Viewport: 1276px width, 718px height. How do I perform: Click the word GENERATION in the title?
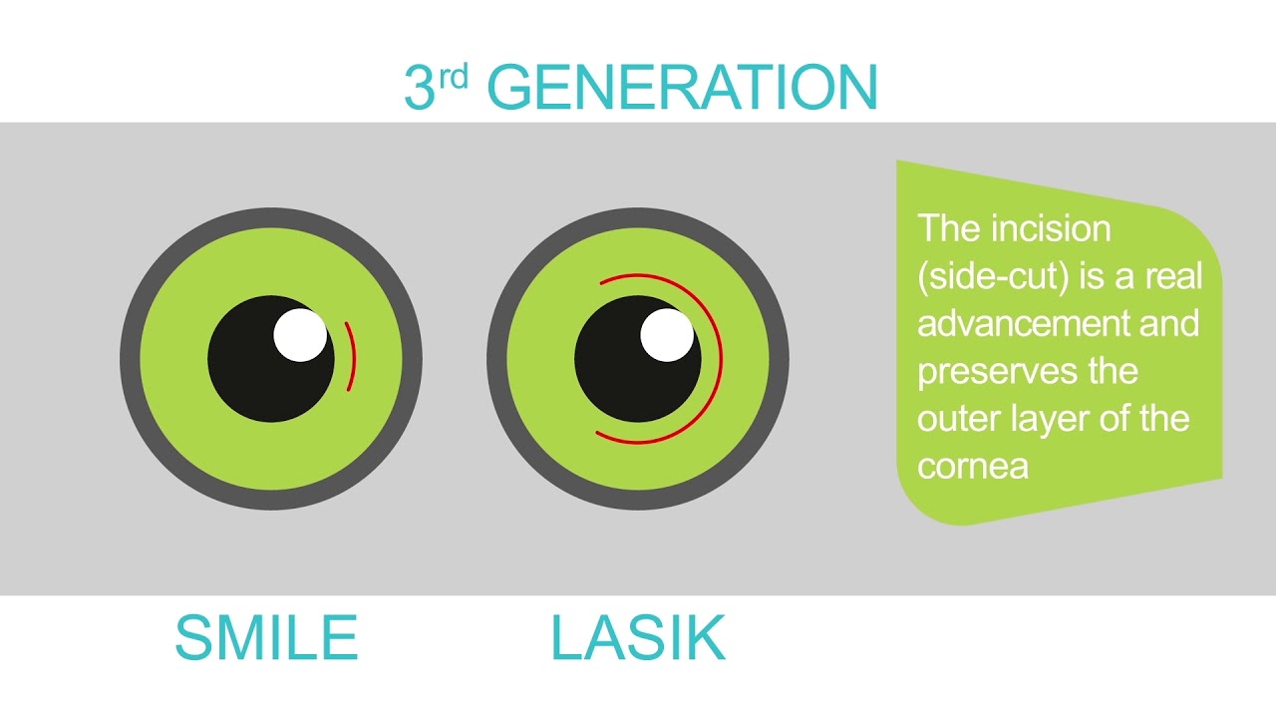683,88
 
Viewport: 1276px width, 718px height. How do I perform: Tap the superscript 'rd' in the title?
453,77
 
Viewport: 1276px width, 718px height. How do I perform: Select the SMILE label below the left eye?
266,638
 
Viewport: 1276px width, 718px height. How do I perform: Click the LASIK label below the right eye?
638,638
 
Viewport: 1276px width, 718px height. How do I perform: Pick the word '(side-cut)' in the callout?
993,276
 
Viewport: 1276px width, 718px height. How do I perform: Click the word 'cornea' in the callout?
973,466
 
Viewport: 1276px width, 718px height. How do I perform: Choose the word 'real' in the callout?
1173,276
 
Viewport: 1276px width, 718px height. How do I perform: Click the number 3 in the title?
420,88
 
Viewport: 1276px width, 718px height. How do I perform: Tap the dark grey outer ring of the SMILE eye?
131,359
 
